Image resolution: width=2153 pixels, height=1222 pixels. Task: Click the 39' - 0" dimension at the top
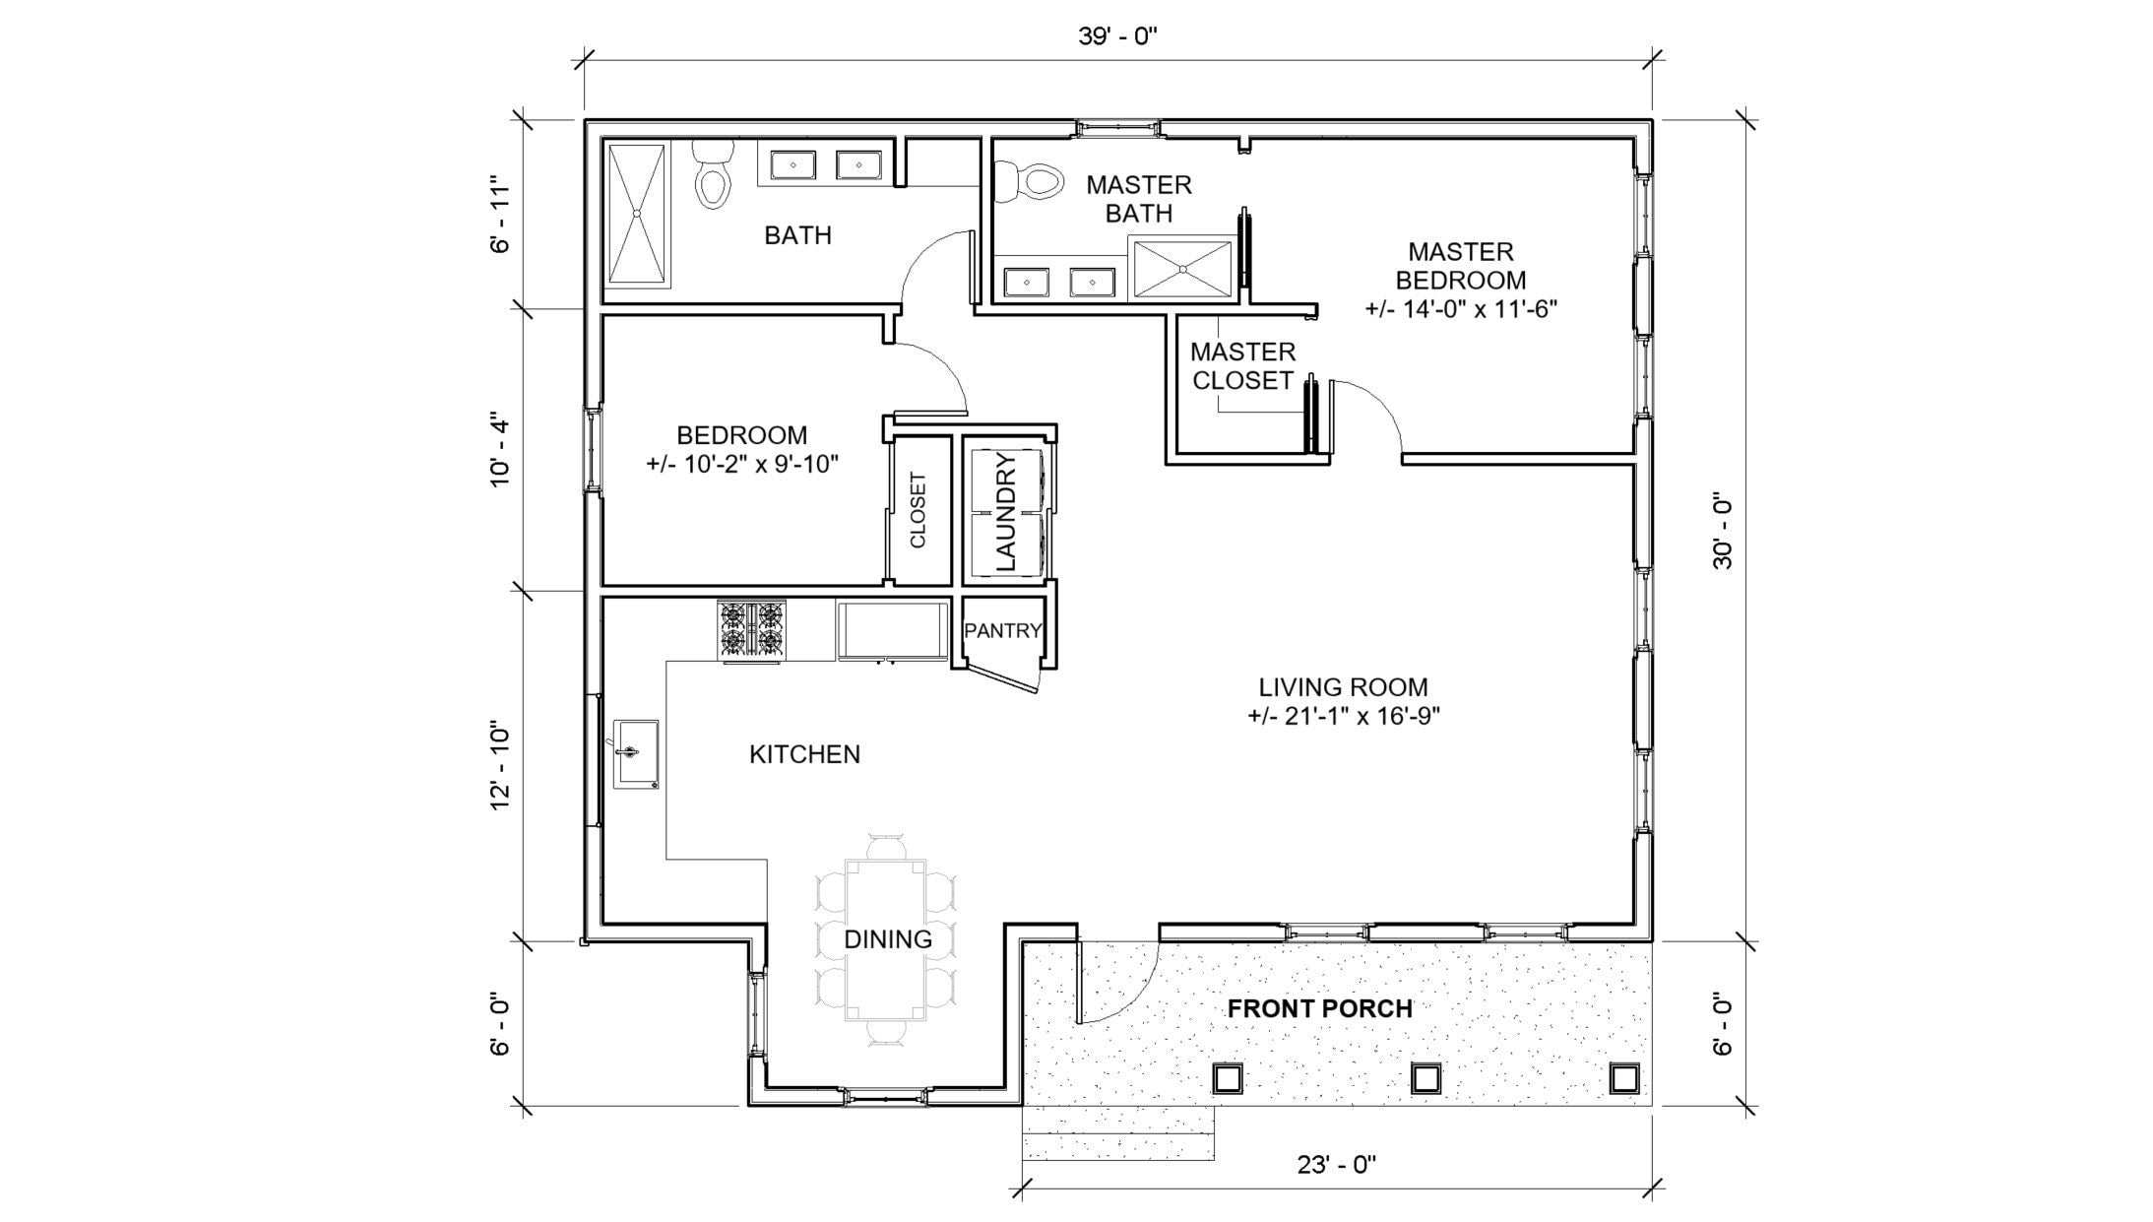1117,37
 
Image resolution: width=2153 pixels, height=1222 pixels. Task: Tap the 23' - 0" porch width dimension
1336,1165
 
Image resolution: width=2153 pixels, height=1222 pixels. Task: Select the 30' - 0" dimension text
1722,531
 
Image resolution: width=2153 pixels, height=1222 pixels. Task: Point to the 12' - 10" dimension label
501,768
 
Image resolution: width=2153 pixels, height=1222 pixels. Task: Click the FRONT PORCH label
1319,1008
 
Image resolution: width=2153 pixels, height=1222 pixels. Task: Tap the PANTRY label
1002,631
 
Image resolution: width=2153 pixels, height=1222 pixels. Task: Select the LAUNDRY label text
1005,511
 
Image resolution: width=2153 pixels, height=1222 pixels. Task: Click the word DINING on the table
887,939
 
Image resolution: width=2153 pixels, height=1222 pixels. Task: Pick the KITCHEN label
804,754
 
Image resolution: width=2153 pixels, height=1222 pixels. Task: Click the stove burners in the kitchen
752,630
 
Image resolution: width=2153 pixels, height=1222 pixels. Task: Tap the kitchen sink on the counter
636,753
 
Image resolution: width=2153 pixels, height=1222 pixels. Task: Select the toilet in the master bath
1032,182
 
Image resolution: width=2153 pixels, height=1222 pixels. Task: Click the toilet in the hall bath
713,177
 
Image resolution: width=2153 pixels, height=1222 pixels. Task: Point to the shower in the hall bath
636,215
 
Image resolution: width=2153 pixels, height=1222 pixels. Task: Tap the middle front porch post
1425,1079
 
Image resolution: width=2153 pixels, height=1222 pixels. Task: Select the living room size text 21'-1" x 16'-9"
1344,716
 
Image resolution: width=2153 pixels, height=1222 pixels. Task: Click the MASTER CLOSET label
1242,366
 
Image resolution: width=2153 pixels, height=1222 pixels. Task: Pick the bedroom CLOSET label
918,511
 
